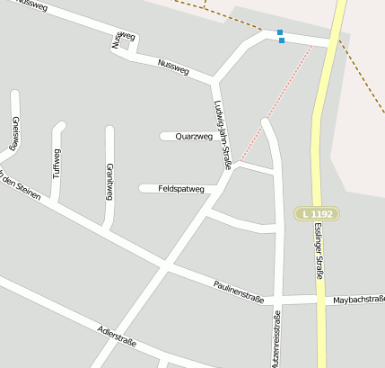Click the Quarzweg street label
coord(194,137)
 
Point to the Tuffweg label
coord(57,164)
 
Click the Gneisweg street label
coord(14,132)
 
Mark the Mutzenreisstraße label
coord(276,338)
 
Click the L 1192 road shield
coord(318,213)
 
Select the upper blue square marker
coord(281,32)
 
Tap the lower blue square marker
coord(281,40)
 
